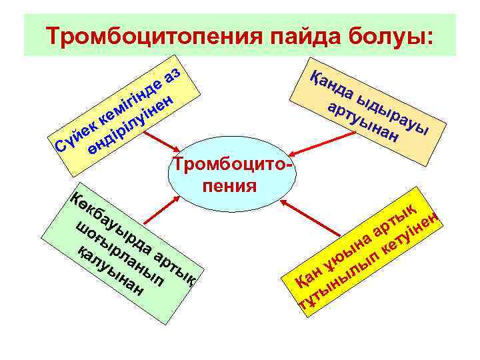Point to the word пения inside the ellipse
(x=229, y=184)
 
